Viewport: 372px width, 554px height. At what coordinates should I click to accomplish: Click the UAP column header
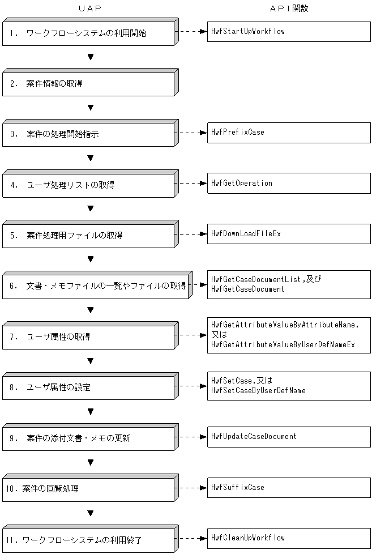coord(90,8)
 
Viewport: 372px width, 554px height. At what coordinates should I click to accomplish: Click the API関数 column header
coord(289,8)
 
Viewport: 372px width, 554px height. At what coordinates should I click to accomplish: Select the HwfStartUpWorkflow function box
coord(289,32)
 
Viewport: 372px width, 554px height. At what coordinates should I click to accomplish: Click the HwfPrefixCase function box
coord(289,133)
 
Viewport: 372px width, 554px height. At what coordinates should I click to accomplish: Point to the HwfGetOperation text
coord(242,183)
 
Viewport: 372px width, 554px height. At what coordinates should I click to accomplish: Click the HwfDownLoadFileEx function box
coord(289,234)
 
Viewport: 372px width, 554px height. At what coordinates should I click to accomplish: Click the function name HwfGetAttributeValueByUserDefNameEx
coord(283,344)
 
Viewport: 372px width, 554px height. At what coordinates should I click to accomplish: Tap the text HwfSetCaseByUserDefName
coord(258,390)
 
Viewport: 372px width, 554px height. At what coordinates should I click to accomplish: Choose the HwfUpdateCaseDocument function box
coord(289,437)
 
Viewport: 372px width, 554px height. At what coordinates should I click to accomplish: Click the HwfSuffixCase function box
coord(289,488)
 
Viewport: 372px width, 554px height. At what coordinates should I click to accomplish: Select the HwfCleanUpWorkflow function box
coord(289,538)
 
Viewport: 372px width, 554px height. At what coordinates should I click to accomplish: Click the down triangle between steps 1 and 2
coord(91,57)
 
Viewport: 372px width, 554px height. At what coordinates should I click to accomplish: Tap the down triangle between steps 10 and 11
coord(91,513)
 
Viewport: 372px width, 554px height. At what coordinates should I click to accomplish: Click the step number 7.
coord(12,337)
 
